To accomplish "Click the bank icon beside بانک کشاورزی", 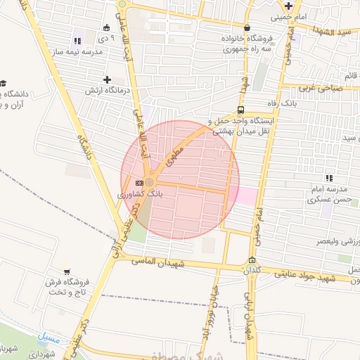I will (x=139, y=183).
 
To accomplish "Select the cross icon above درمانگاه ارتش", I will (x=107, y=80).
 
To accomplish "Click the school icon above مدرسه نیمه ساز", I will (x=77, y=41).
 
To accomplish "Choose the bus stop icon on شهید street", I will (x=241, y=110).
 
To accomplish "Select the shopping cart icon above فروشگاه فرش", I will (x=67, y=271).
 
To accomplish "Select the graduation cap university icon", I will (x=3, y=83).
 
